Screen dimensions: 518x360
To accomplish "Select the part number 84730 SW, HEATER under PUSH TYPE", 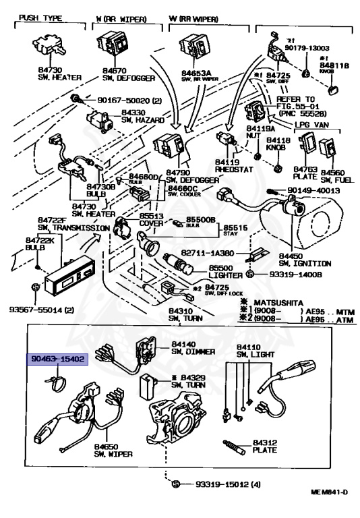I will coord(54,73).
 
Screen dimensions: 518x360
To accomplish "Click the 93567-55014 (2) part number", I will coord(37,310).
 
